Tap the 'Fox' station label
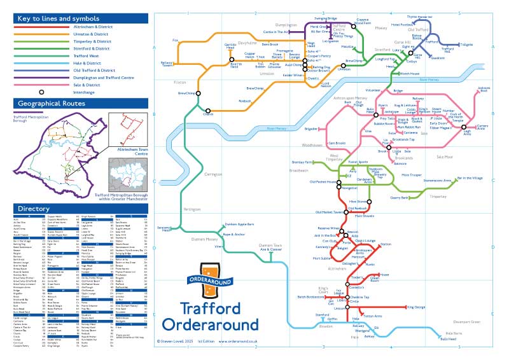coord(176,40)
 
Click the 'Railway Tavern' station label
coord(167,64)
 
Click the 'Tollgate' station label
coord(466,45)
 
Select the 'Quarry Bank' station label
coord(399,198)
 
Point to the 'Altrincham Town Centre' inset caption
coord(129,149)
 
